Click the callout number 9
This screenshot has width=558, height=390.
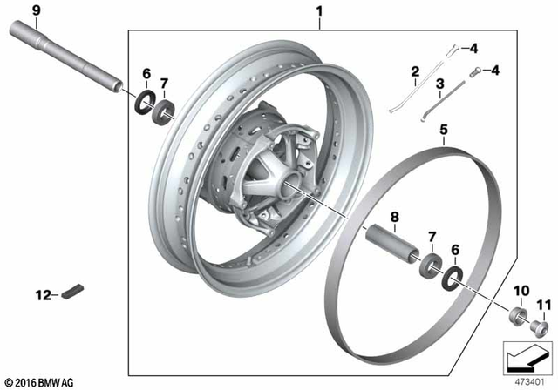pyautogui.click(x=12, y=10)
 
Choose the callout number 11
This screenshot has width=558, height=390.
pyautogui.click(x=542, y=304)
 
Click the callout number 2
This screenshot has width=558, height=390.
pyautogui.click(x=416, y=71)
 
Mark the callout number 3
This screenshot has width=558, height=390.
pyautogui.click(x=441, y=84)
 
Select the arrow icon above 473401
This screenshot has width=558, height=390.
pyautogui.click(x=522, y=358)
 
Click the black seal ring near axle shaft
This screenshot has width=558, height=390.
pyautogui.click(x=142, y=101)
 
